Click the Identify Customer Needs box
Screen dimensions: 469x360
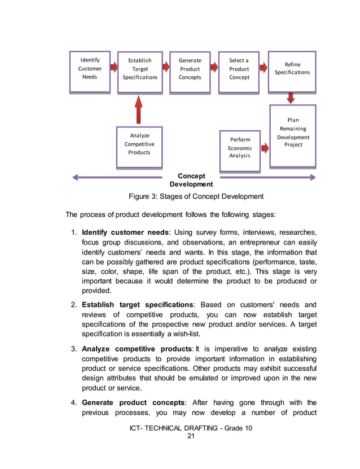90,69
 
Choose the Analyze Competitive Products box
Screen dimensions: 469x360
139,145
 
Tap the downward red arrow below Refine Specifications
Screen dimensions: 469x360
291,98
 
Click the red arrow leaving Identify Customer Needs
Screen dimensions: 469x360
113,68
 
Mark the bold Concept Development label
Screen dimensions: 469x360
191,180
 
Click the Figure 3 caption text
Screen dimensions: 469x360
196,196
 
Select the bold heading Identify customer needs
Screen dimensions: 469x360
125,233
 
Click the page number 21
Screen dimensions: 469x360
190,436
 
